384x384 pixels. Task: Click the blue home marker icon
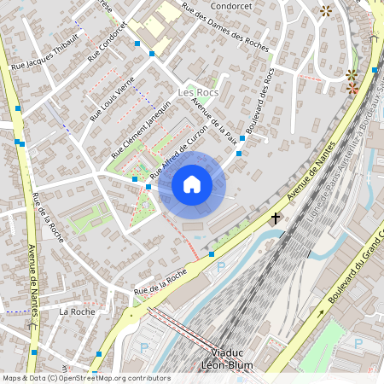click(192, 184)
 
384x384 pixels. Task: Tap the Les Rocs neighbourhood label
click(197, 92)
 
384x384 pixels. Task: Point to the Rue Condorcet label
click(107, 47)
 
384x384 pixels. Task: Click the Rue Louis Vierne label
click(113, 98)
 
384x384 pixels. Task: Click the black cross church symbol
click(276, 218)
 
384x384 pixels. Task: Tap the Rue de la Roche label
click(160, 283)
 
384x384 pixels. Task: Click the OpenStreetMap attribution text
click(86, 378)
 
